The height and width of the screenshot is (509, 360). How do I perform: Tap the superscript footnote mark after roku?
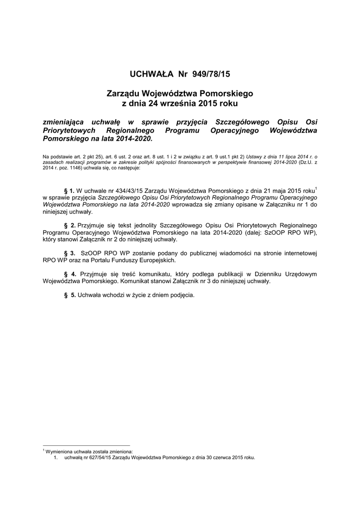click(316, 188)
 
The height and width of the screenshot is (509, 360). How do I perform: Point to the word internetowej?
click(299, 253)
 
